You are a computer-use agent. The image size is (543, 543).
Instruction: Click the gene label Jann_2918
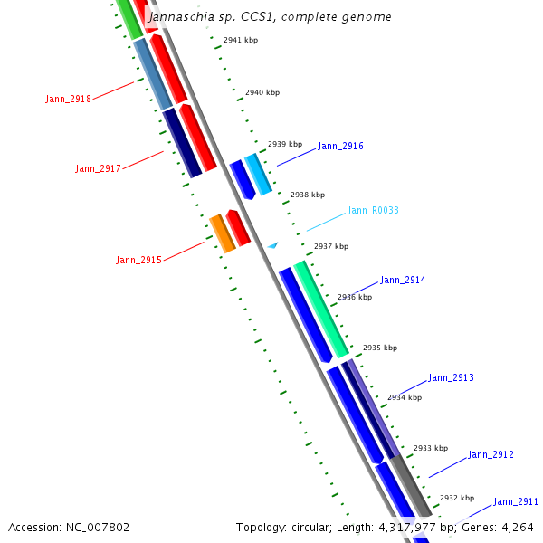[x=68, y=99]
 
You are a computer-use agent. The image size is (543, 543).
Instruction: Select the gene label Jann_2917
[x=98, y=168]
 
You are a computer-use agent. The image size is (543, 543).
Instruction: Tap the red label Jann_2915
[x=138, y=260]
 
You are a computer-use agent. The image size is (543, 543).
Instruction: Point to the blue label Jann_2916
[x=340, y=146]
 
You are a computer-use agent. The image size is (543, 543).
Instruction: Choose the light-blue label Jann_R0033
[x=373, y=210]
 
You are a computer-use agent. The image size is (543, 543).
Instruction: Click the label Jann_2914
[x=403, y=280]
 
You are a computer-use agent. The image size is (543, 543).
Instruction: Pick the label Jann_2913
[x=451, y=377]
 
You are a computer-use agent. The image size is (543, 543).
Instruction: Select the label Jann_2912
[x=491, y=454]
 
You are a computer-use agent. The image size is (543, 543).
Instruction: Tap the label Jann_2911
[x=516, y=501]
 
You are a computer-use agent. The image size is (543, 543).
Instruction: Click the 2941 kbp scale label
[x=241, y=40]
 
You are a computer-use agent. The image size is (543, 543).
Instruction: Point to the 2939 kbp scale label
[x=284, y=144]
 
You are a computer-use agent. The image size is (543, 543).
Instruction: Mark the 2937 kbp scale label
[x=331, y=246]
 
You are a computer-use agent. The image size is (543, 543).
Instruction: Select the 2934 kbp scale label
[x=405, y=396]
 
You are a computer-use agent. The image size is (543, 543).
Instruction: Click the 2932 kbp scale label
[x=457, y=497]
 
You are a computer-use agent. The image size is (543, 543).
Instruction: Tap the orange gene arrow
[x=222, y=233]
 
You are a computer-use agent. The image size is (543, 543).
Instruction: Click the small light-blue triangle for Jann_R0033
[x=271, y=244]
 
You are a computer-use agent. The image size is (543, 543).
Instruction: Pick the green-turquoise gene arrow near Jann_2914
[x=321, y=308]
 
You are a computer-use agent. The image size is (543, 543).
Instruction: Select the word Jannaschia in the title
[x=178, y=16]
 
